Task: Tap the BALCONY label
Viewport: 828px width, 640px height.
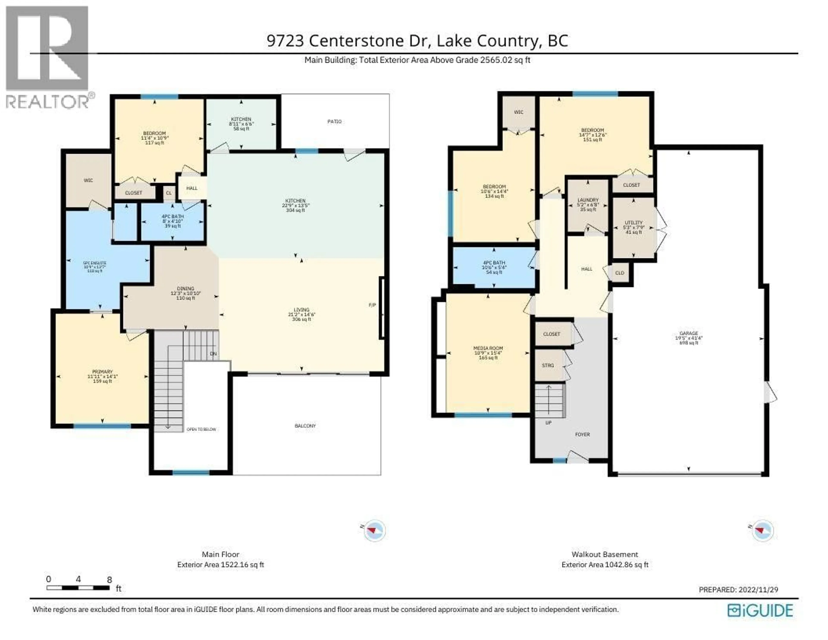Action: [305, 426]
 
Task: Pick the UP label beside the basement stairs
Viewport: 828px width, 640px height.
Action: [548, 423]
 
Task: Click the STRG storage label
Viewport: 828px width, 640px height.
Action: [548, 365]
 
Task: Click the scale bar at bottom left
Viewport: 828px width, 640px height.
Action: [78, 588]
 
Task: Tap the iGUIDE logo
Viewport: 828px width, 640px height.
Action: [760, 610]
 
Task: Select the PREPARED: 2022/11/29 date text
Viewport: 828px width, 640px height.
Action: [738, 590]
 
